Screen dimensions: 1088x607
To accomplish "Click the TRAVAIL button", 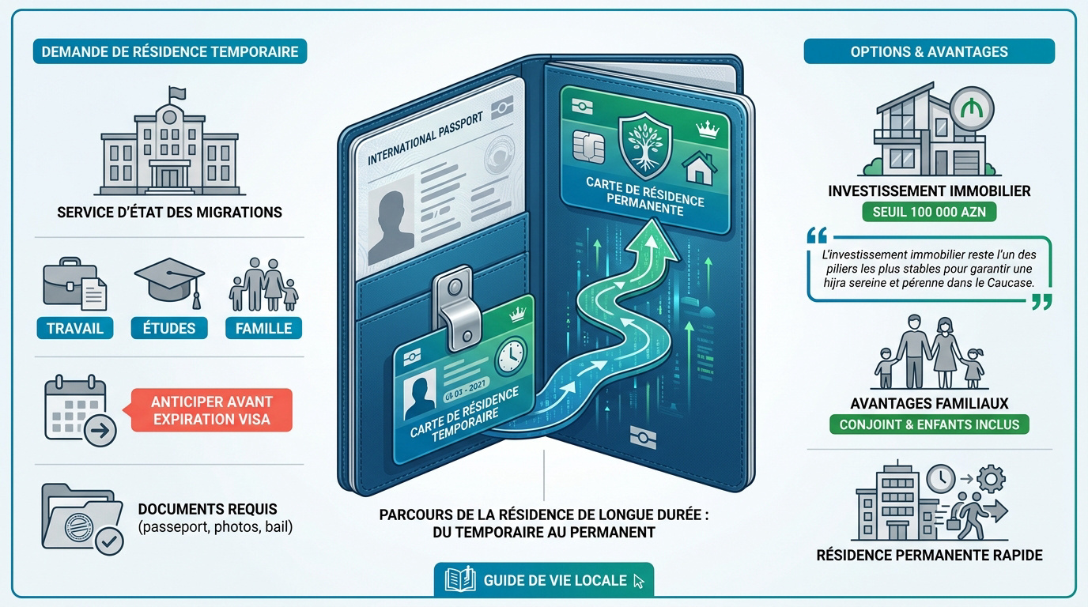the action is [75, 328].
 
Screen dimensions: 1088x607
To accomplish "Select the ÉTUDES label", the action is [169, 328].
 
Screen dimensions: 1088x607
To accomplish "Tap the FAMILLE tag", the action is [264, 328].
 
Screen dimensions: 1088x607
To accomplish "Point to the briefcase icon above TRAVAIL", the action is [75, 284].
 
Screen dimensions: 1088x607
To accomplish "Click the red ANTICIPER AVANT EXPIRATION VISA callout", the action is [211, 410].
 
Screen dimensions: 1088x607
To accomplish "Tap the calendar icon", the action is [80, 410].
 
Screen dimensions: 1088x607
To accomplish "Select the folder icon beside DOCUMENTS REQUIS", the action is [82, 518].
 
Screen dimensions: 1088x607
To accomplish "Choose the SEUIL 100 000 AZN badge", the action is [929, 212].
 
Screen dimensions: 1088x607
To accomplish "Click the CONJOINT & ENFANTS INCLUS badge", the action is [929, 424].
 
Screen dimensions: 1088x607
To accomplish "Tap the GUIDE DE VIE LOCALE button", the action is [544, 580].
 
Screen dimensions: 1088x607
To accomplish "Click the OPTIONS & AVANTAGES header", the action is [929, 51].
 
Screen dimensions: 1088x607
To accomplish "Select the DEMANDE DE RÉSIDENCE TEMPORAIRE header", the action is [170, 51].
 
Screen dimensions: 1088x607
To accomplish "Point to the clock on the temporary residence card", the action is [510, 356].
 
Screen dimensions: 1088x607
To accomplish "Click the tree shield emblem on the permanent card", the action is [645, 146].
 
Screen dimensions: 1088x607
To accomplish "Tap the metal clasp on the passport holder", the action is [455, 307].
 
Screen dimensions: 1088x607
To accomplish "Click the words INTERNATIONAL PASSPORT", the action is [425, 139].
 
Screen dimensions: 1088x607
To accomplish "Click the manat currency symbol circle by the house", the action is [972, 109].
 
